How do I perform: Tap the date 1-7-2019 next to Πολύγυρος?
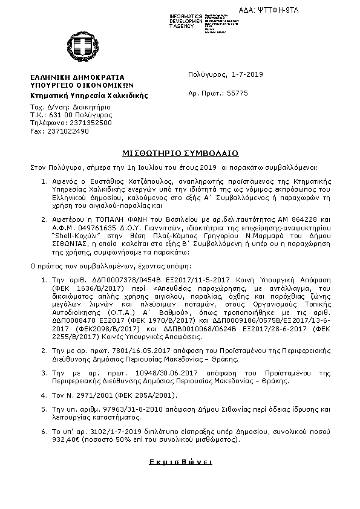tap(247, 74)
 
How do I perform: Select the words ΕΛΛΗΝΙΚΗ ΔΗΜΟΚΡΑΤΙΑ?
tap(77, 77)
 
